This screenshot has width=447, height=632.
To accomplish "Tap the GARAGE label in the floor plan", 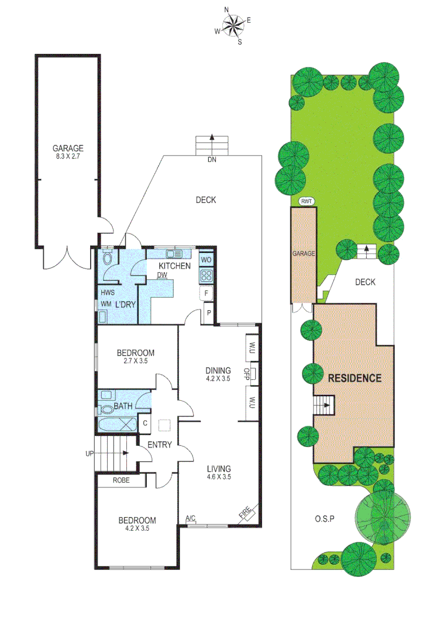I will tap(68, 148).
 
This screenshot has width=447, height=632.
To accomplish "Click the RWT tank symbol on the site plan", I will tap(307, 201).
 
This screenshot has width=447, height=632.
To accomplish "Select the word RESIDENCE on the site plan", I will tap(354, 378).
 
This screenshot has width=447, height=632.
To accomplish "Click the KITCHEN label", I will tap(174, 266).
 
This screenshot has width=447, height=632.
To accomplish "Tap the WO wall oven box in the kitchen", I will tap(206, 259).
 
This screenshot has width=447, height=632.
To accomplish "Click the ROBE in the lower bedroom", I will tap(121, 480).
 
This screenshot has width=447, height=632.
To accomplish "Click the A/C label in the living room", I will tap(190, 518).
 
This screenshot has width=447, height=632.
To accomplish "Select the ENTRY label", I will tap(159, 445).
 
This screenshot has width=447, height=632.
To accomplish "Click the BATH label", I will tap(123, 406).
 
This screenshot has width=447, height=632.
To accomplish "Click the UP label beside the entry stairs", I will tap(90, 454).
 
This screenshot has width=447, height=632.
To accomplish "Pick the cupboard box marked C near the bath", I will tap(145, 423).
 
